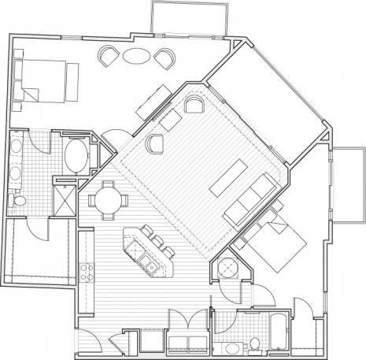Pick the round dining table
coord(108,198)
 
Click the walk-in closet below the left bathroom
coord(39,251)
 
